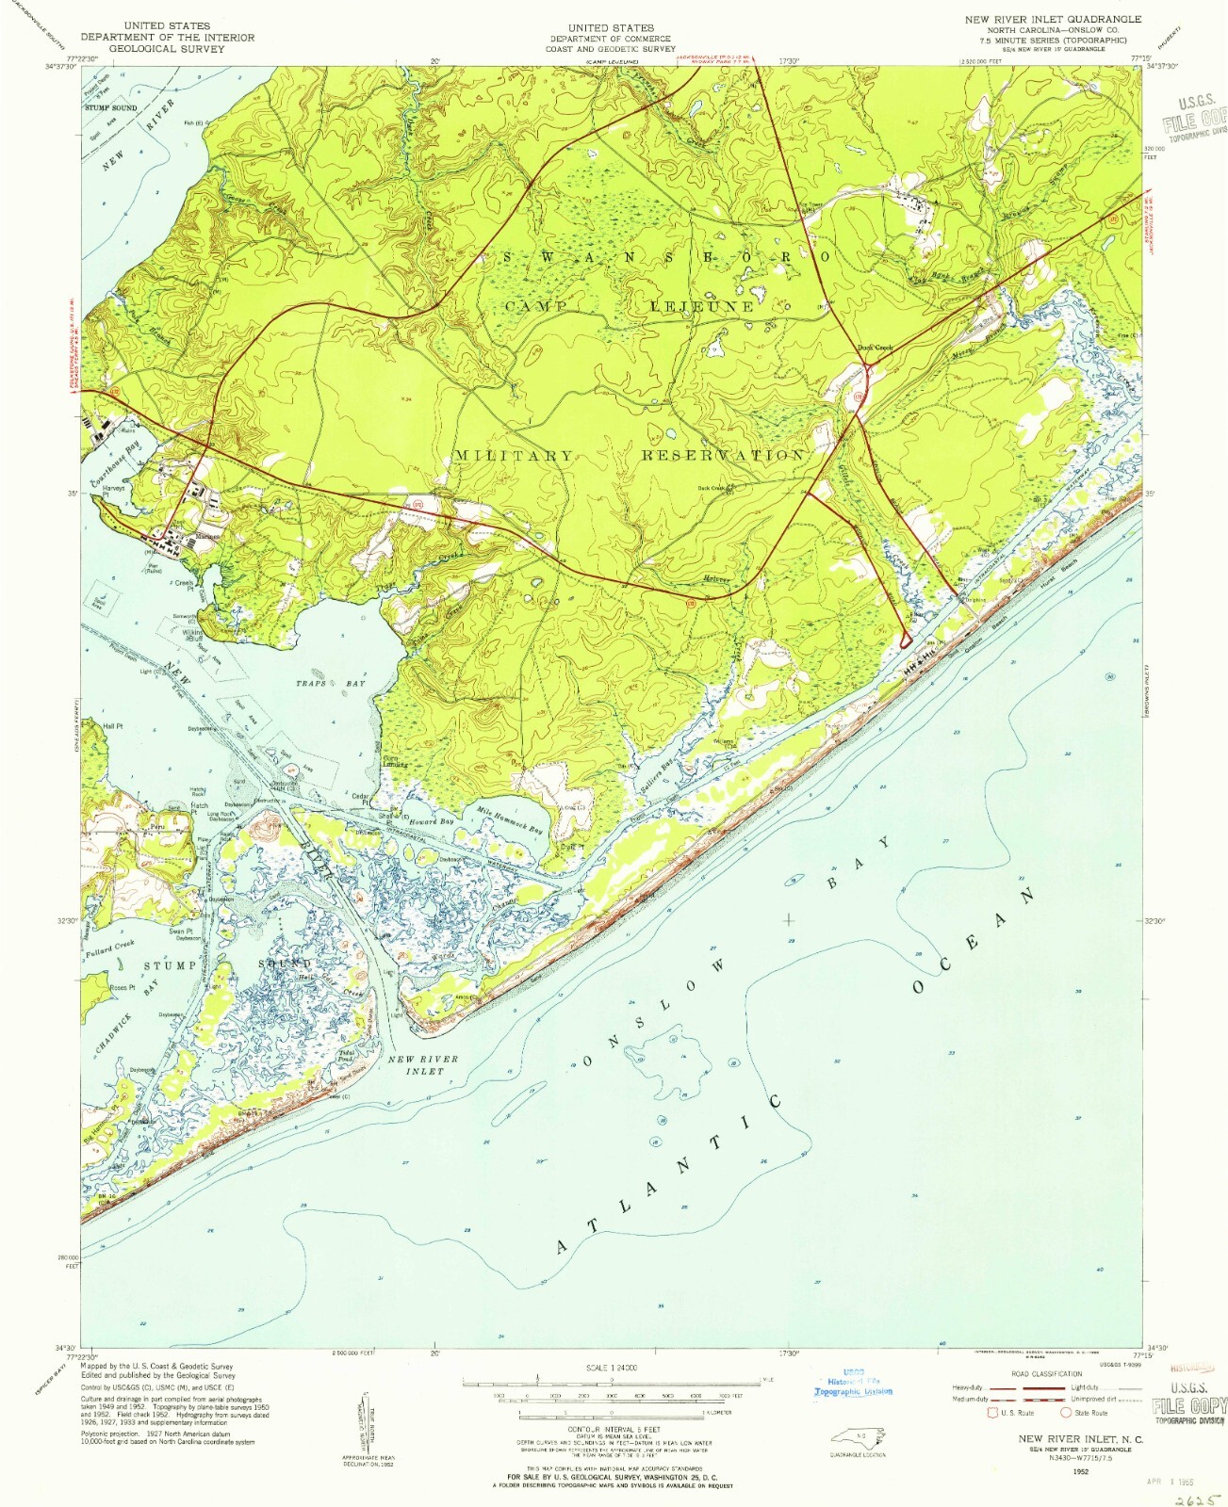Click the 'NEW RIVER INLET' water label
point(423,1064)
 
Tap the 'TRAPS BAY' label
point(330,683)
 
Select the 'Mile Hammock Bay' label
point(510,820)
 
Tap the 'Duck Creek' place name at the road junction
point(874,348)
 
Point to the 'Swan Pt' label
point(182,932)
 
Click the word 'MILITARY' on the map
point(513,455)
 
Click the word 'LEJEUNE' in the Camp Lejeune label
point(702,306)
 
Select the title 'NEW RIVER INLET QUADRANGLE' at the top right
point(1051,19)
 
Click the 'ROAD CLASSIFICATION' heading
point(1046,1373)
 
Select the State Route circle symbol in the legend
point(1066,1412)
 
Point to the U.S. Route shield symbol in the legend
point(991,1412)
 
